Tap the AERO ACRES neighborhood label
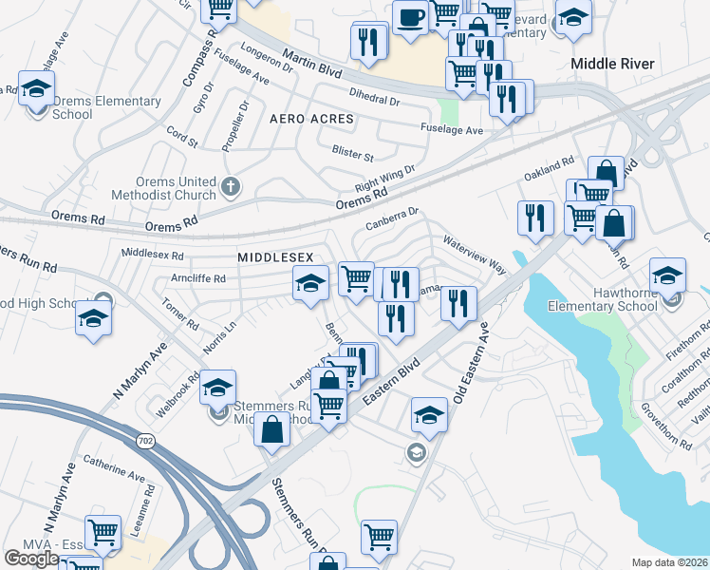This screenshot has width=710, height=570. (311, 120)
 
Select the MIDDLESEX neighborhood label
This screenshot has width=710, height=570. (274, 257)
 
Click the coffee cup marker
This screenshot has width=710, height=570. (410, 19)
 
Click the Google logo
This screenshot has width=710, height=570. (30, 558)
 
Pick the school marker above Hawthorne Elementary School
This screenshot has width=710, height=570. (667, 276)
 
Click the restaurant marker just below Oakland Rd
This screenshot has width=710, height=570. (535, 218)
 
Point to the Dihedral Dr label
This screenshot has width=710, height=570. (375, 99)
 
